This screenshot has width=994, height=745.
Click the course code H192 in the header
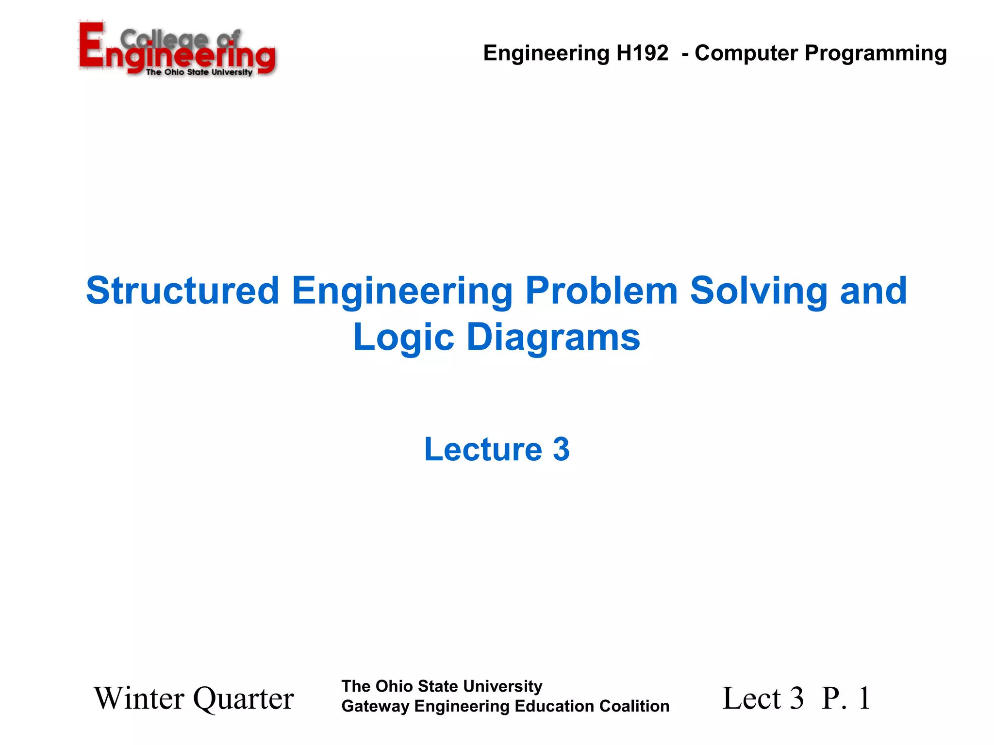642,53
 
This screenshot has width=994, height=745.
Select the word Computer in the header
746,53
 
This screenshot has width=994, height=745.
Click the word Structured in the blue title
182,291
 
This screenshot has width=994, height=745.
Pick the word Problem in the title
601,291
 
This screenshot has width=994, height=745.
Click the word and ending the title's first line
873,291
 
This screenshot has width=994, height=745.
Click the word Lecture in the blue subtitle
483,449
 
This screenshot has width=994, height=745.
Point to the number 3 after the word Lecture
561,449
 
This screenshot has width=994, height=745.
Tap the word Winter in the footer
139,698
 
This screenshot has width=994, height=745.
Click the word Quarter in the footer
244,699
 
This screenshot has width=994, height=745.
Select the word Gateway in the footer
375,707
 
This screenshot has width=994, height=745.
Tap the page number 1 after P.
864,698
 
